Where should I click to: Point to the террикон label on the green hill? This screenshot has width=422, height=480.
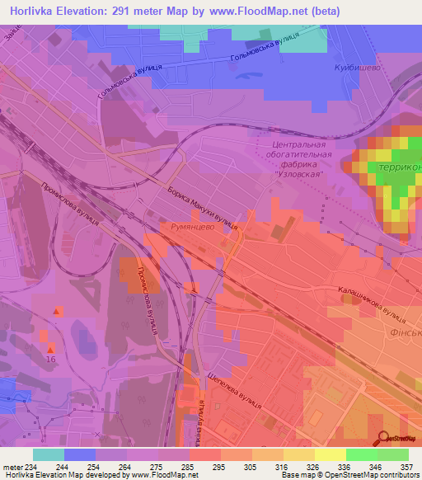point(399,167)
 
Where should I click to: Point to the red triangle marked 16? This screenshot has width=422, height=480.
point(50,348)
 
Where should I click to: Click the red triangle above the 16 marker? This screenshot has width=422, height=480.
point(57,311)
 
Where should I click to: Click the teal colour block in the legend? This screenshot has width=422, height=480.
point(49,454)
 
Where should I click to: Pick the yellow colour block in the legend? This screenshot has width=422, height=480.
point(331,454)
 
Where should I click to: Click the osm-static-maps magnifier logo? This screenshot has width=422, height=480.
point(383,437)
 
